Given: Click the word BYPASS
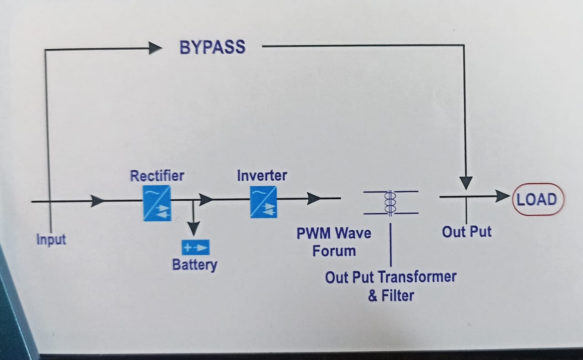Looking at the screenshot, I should (x=212, y=47).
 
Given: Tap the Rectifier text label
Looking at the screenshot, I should (x=157, y=176).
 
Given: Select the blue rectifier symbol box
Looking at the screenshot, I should (x=157, y=203).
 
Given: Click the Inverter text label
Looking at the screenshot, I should (x=262, y=176).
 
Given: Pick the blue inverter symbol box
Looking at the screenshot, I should (x=263, y=203).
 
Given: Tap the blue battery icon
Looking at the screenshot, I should (x=195, y=248).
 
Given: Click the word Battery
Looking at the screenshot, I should (x=194, y=264).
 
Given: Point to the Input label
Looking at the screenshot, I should (x=51, y=239).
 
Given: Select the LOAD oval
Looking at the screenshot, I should (x=538, y=199).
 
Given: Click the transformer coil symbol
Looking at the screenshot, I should (x=390, y=202).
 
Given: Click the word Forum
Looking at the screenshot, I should (x=334, y=251).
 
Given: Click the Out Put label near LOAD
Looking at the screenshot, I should (x=467, y=232).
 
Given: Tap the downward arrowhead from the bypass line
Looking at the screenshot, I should (x=465, y=183).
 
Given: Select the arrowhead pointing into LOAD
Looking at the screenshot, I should (x=502, y=196).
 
